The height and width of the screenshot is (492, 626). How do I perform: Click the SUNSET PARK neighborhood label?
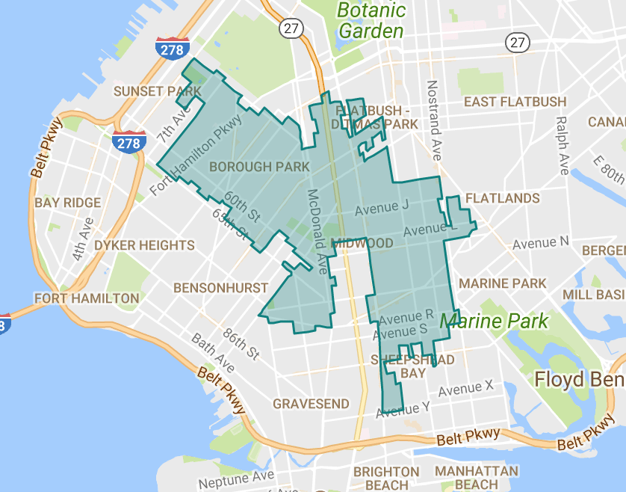(158, 91)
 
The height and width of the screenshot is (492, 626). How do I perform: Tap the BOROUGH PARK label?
(258, 166)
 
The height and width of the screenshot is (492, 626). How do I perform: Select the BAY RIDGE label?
(67, 203)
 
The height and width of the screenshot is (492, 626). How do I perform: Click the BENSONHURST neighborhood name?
(220, 288)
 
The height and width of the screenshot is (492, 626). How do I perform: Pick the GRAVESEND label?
(311, 404)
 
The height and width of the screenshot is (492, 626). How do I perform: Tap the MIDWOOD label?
(362, 244)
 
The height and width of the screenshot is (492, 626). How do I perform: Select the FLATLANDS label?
(502, 198)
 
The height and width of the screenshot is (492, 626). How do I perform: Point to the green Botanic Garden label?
(371, 21)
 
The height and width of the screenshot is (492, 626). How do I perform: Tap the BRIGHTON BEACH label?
(386, 479)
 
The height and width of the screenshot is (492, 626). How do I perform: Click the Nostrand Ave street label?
(434, 120)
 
